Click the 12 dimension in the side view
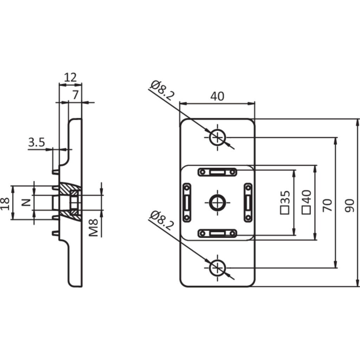click(70, 77)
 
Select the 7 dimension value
click(75, 95)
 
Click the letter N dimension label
click(26, 202)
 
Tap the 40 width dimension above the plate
click(217, 96)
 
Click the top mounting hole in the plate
click(217, 137)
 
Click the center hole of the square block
click(217, 202)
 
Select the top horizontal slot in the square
click(217, 172)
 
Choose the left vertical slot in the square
click(186, 202)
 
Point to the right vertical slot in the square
click(248, 202)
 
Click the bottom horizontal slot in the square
click(217, 233)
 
